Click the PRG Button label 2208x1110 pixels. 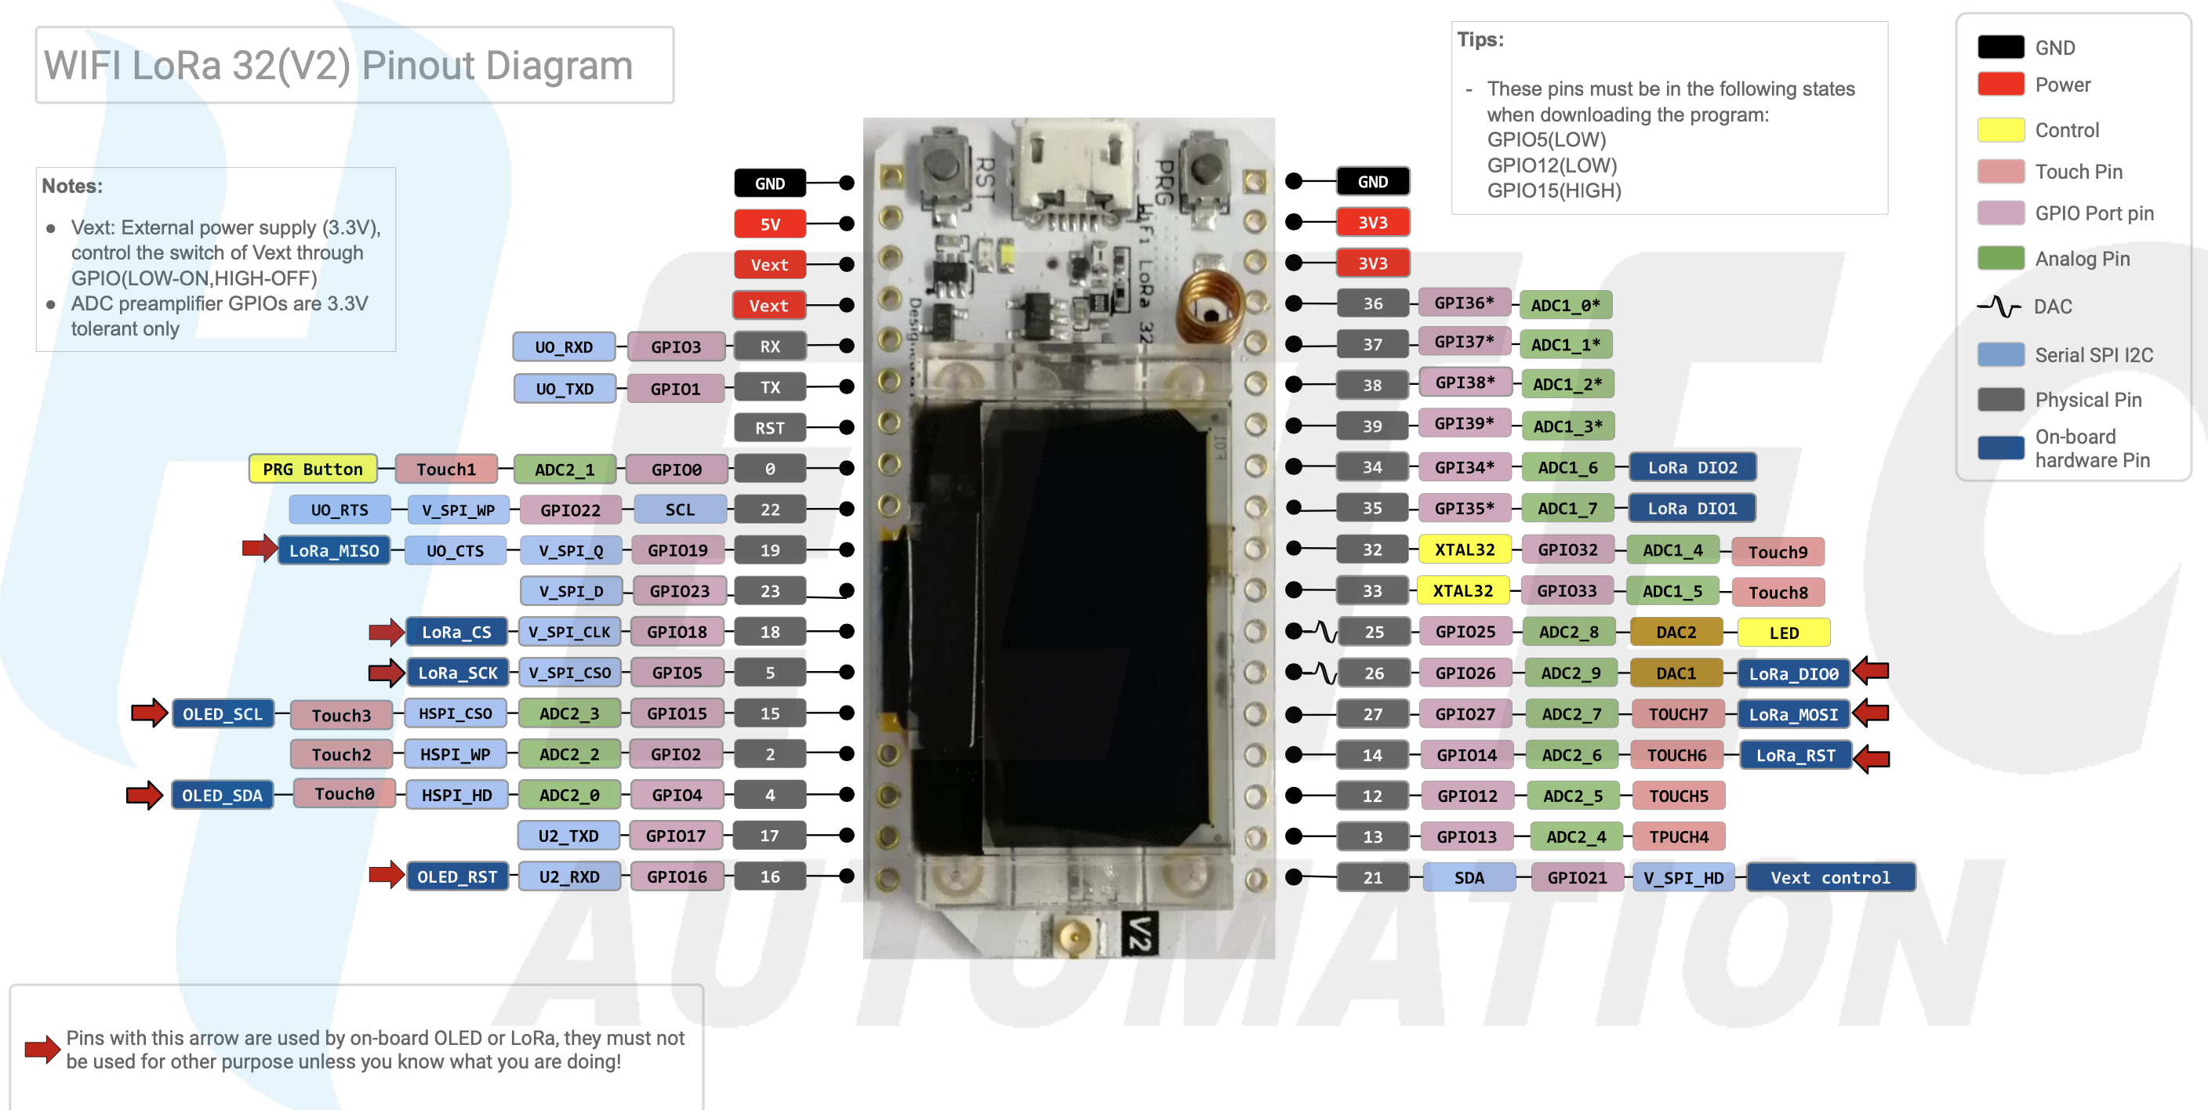coord(312,469)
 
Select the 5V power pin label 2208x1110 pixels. coord(770,223)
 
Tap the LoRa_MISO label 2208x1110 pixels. coord(333,550)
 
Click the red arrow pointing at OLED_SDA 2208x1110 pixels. coord(144,795)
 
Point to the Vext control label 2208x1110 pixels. coord(1830,877)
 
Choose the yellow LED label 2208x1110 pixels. coord(1783,633)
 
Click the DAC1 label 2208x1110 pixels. coord(1675,673)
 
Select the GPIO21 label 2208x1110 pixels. coord(1576,877)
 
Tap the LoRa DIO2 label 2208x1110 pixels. coord(1692,467)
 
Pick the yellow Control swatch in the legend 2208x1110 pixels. coord(1999,129)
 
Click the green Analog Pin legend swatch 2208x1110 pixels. coord(1999,258)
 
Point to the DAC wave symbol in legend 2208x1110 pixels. coord(1999,306)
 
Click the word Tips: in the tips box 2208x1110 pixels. coord(1480,39)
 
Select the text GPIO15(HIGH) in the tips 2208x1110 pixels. coord(1553,190)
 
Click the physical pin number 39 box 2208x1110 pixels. coord(1371,425)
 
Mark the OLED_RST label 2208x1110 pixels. coord(457,876)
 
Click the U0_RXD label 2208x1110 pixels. coord(563,346)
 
